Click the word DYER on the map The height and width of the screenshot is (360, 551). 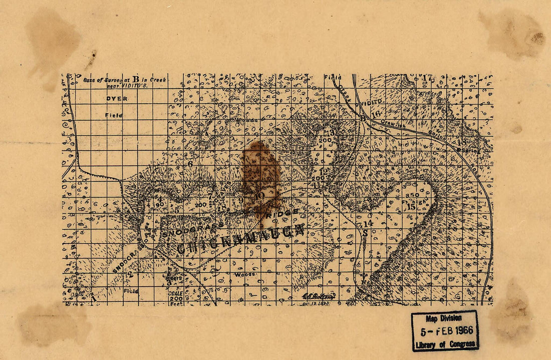pyautogui.click(x=117, y=99)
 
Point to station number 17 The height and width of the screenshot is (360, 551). pyautogui.click(x=427, y=78)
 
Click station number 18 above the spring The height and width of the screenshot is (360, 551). pyautogui.click(x=461, y=142)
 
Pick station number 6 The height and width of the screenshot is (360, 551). pyautogui.click(x=190, y=164)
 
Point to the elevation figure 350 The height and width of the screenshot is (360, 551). pyautogui.click(x=413, y=195)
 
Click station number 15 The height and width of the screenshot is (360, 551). pyautogui.click(x=411, y=207)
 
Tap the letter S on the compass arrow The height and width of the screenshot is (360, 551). pyautogui.click(x=366, y=233)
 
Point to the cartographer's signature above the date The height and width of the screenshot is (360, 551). pyautogui.click(x=317, y=295)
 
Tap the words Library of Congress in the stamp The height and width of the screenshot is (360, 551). pyautogui.click(x=444, y=344)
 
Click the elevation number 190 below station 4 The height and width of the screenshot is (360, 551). pyautogui.click(x=160, y=205)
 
